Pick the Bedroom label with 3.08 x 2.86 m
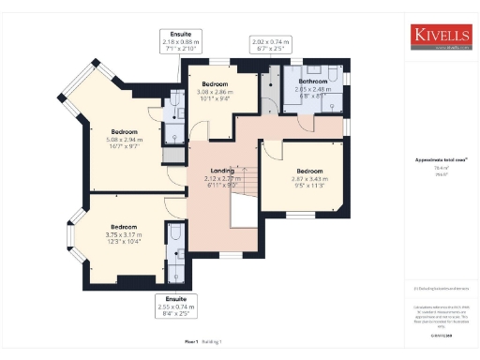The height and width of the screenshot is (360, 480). point(217,84)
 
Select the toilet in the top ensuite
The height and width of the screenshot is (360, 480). point(177,99)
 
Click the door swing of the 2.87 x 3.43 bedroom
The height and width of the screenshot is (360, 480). point(272,150)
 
